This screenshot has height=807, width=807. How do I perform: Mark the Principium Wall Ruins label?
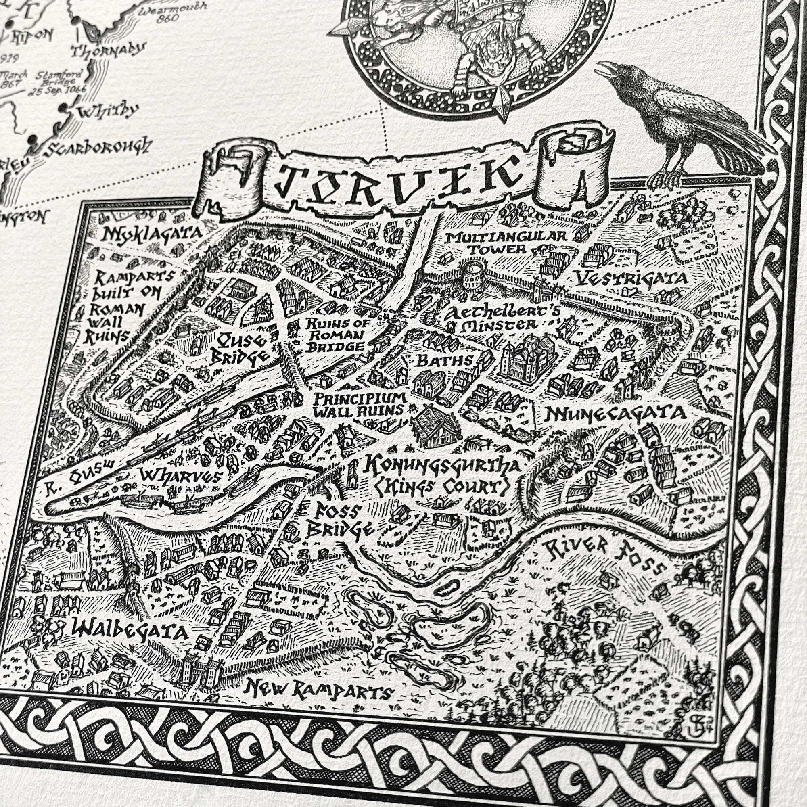coord(359,403)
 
